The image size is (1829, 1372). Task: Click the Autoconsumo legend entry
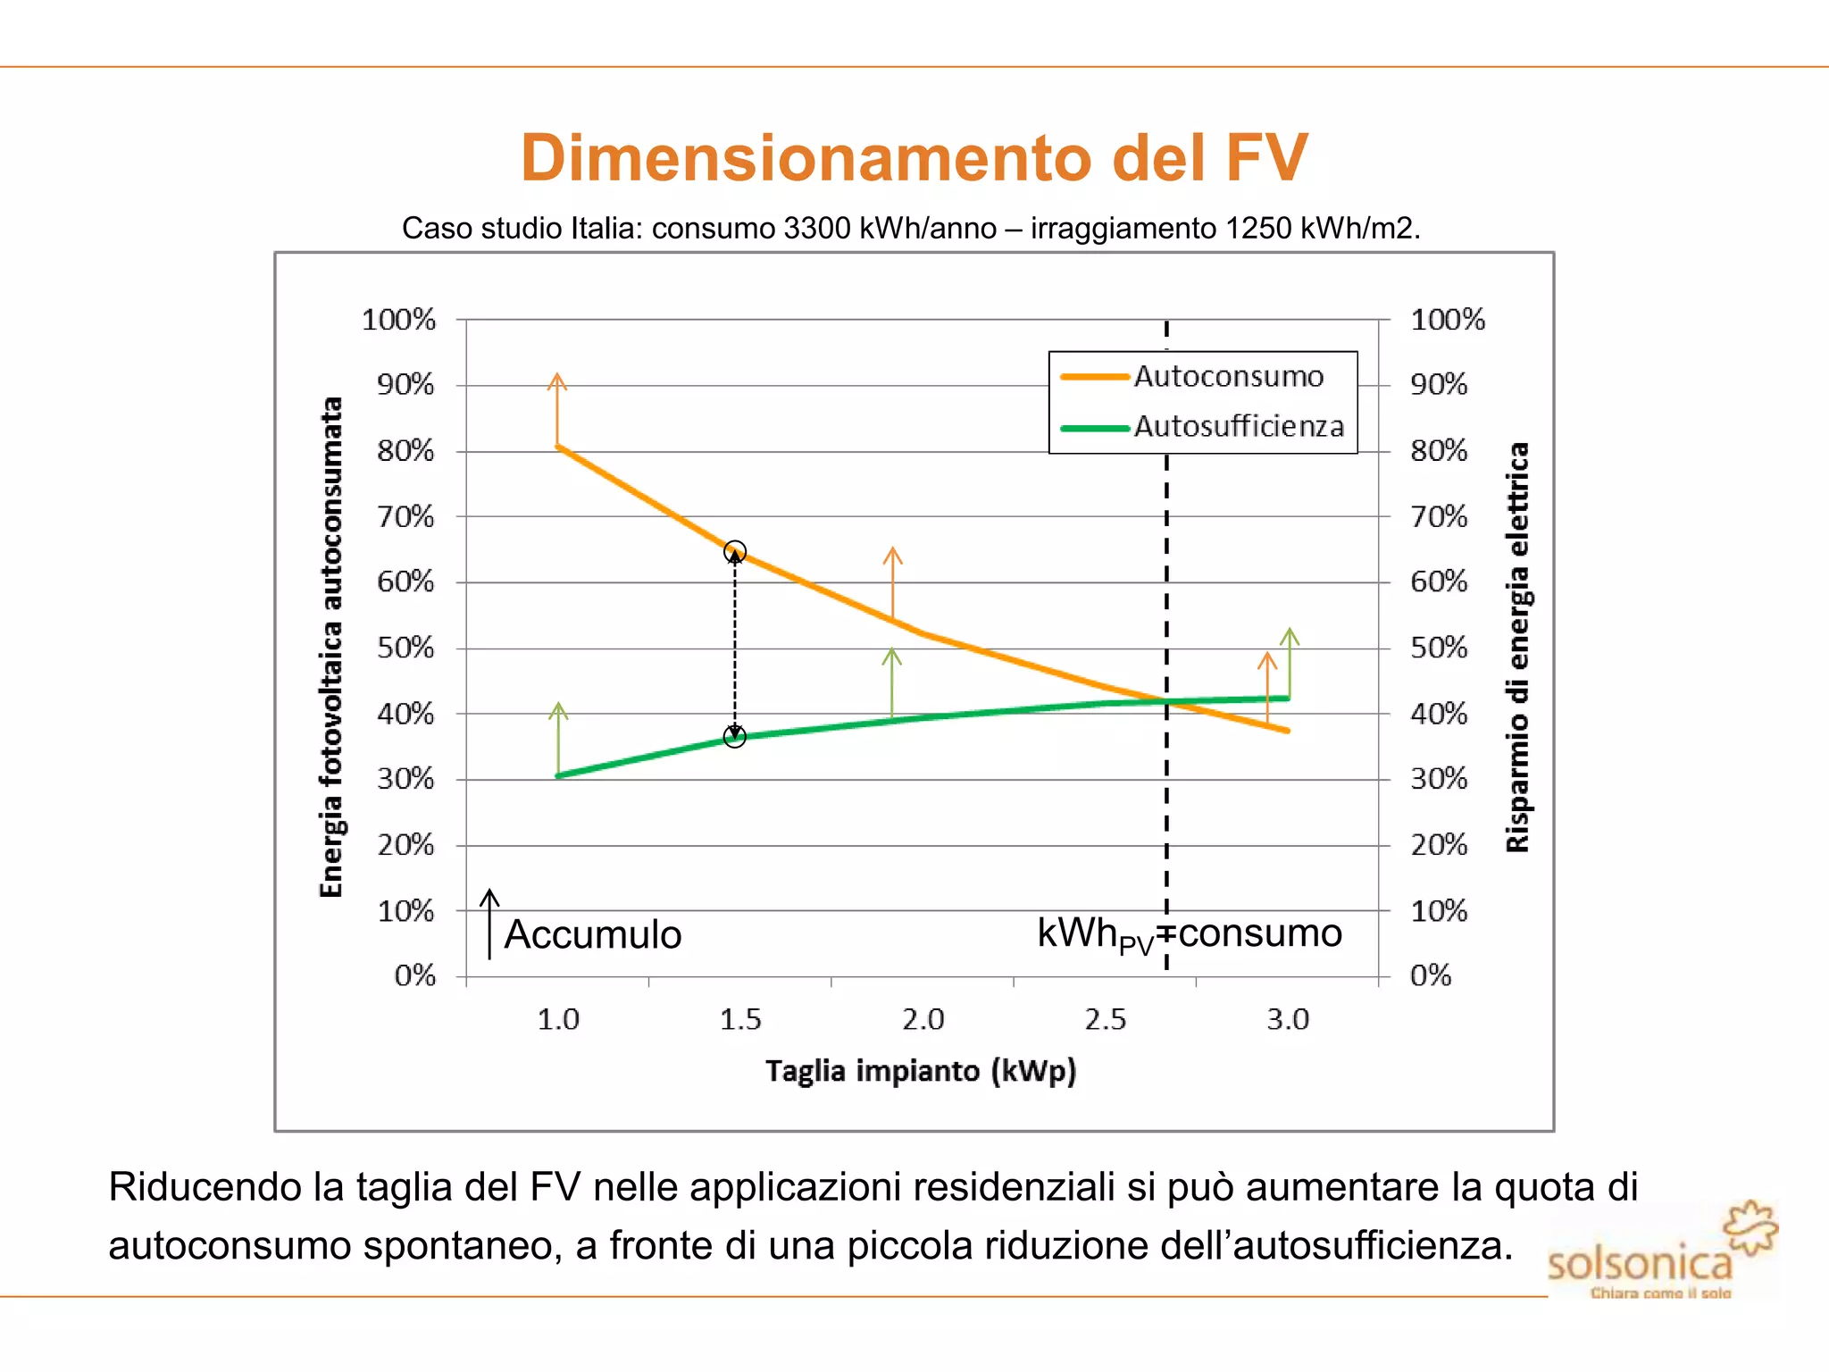1228,377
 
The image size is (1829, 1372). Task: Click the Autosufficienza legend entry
1238,427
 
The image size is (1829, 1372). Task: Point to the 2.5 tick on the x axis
1105,1019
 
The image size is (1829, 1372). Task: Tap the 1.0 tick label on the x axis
558,1019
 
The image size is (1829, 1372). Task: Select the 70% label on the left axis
405,516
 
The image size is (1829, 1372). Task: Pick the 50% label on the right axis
1438,648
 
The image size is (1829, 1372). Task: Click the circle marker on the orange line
735,551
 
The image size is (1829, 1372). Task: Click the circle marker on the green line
735,737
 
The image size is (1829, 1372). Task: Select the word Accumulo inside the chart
593,935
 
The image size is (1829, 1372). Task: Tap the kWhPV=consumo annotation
1189,934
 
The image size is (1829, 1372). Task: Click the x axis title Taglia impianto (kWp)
921,1070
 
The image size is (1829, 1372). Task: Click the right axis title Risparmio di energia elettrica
1517,648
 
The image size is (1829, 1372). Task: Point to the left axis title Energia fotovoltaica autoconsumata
331,648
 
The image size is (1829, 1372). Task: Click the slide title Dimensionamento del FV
914,158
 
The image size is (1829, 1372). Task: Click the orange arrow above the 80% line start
557,407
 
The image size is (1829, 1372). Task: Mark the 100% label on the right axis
1447,320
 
